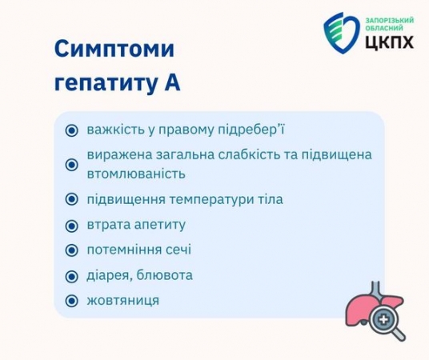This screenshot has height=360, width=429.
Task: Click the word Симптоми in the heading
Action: pos(114,49)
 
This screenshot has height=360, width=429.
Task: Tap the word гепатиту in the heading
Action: pos(106,83)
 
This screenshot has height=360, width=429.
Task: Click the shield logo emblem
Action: pos(342,33)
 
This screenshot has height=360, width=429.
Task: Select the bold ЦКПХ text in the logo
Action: pos(390,42)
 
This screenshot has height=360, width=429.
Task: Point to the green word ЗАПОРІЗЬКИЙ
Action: pos(390,21)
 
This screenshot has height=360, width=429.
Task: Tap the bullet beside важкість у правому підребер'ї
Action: pos(72,130)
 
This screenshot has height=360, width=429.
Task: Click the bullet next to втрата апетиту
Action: pos(72,226)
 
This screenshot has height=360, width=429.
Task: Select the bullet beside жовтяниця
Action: pos(72,301)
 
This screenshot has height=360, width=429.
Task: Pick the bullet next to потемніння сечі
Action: pos(72,250)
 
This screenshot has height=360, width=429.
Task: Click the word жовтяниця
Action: pos(122,300)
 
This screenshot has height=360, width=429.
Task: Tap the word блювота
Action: pos(164,275)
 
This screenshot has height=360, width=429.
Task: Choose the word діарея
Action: pos(110,276)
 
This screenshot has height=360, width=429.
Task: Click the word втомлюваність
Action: pos(136,174)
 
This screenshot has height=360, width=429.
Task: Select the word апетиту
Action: pos(160,225)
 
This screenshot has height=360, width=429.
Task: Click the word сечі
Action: pos(178,250)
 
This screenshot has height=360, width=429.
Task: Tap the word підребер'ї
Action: pos(251,130)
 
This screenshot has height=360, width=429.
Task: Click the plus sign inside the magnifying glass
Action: pos(383,319)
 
